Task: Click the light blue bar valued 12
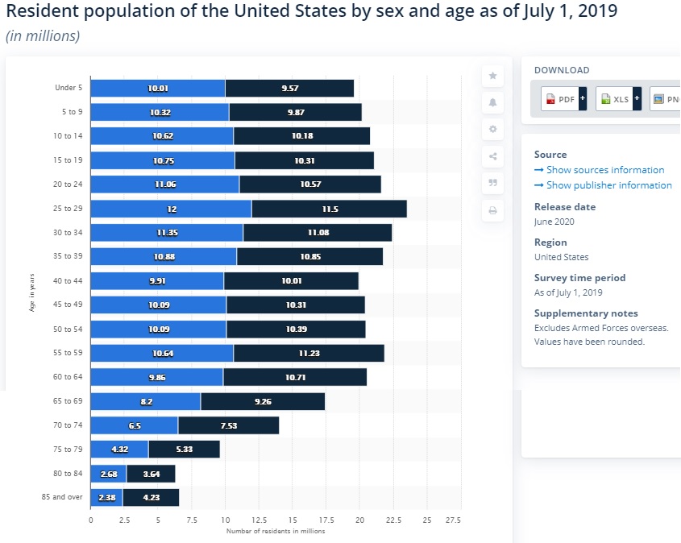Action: pos(171,209)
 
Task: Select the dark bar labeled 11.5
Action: pos(329,209)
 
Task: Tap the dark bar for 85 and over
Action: pos(151,498)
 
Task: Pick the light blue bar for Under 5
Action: pos(158,88)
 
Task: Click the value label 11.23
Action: pos(309,354)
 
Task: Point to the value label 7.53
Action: pos(228,425)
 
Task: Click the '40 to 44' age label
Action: pos(69,281)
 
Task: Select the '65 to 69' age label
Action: pos(69,401)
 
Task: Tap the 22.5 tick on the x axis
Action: pos(393,520)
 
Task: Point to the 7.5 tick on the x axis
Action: pos(192,520)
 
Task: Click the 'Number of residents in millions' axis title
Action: pos(276,531)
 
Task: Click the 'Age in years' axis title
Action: pos(31,293)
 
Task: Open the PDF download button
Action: pos(563,99)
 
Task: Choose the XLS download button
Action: pos(617,99)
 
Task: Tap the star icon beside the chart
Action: pos(493,75)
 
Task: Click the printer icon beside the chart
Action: pos(493,211)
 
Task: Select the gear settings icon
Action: pos(493,129)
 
